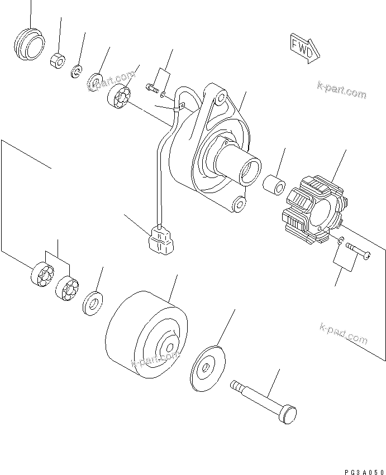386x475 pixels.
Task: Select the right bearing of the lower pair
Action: click(x=67, y=289)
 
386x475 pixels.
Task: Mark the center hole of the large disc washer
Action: click(x=206, y=367)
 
